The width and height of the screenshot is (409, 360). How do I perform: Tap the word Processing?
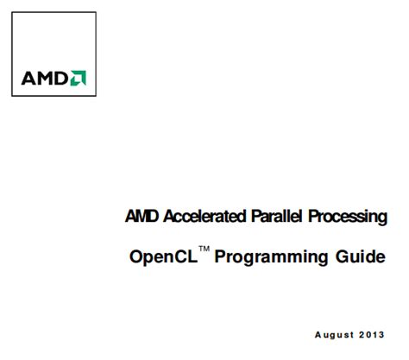(x=349, y=217)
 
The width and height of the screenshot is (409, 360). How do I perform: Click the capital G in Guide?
(x=343, y=257)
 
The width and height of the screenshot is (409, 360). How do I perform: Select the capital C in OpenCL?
(x=180, y=257)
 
